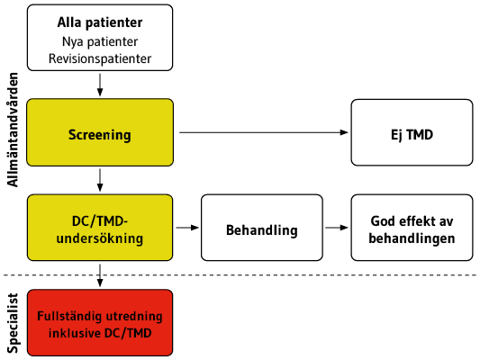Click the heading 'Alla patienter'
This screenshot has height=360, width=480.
click(100, 22)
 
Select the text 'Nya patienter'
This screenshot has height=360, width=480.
click(100, 42)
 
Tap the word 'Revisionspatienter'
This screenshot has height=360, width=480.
click(100, 58)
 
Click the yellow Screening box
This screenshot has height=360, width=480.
click(100, 132)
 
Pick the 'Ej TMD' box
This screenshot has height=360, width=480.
click(412, 132)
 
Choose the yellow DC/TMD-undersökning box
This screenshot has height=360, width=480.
click(100, 228)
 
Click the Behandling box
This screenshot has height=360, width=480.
click(262, 228)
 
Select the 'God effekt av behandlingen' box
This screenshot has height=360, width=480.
click(412, 228)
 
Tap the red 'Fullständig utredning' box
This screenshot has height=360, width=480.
click(100, 323)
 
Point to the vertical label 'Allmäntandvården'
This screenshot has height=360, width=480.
click(13, 130)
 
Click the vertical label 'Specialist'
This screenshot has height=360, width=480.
click(13, 323)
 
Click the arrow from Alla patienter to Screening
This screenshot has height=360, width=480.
click(100, 85)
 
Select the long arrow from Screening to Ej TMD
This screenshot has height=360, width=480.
click(264, 132)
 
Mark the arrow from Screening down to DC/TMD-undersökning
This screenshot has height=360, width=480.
click(100, 180)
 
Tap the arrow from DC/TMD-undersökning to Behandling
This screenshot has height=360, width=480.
click(187, 228)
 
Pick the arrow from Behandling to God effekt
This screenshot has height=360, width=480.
click(337, 228)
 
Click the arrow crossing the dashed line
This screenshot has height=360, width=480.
click(100, 275)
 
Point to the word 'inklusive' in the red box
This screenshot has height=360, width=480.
click(75, 333)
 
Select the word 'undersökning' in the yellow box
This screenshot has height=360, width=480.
click(100, 238)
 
